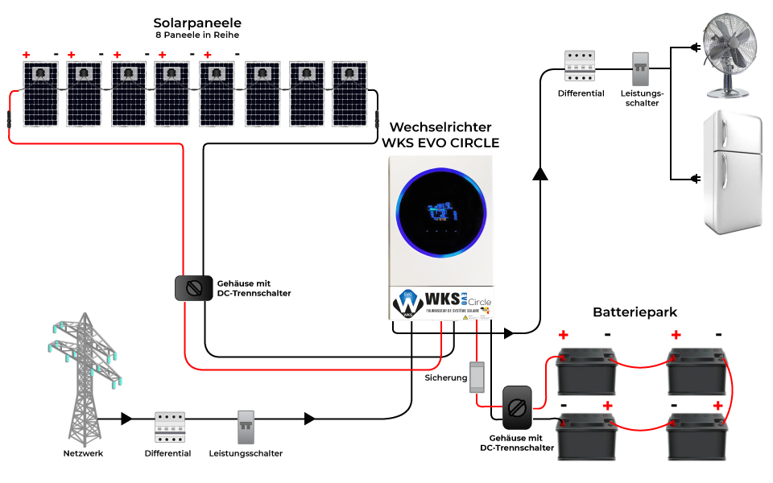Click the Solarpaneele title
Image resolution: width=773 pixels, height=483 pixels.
[197, 23]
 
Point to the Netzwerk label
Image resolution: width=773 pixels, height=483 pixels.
[84, 454]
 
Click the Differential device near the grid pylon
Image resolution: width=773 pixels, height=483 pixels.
[169, 427]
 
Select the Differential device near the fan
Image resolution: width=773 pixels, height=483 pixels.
[580, 66]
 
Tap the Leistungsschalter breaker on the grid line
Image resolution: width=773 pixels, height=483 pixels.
[246, 427]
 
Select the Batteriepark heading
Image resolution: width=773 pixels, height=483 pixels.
[635, 312]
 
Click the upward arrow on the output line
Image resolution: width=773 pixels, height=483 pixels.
[540, 174]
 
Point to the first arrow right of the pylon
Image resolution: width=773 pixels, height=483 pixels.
[126, 419]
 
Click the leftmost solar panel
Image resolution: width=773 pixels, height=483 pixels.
[39, 94]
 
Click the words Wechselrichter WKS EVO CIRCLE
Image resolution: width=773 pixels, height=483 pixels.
[440, 135]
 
